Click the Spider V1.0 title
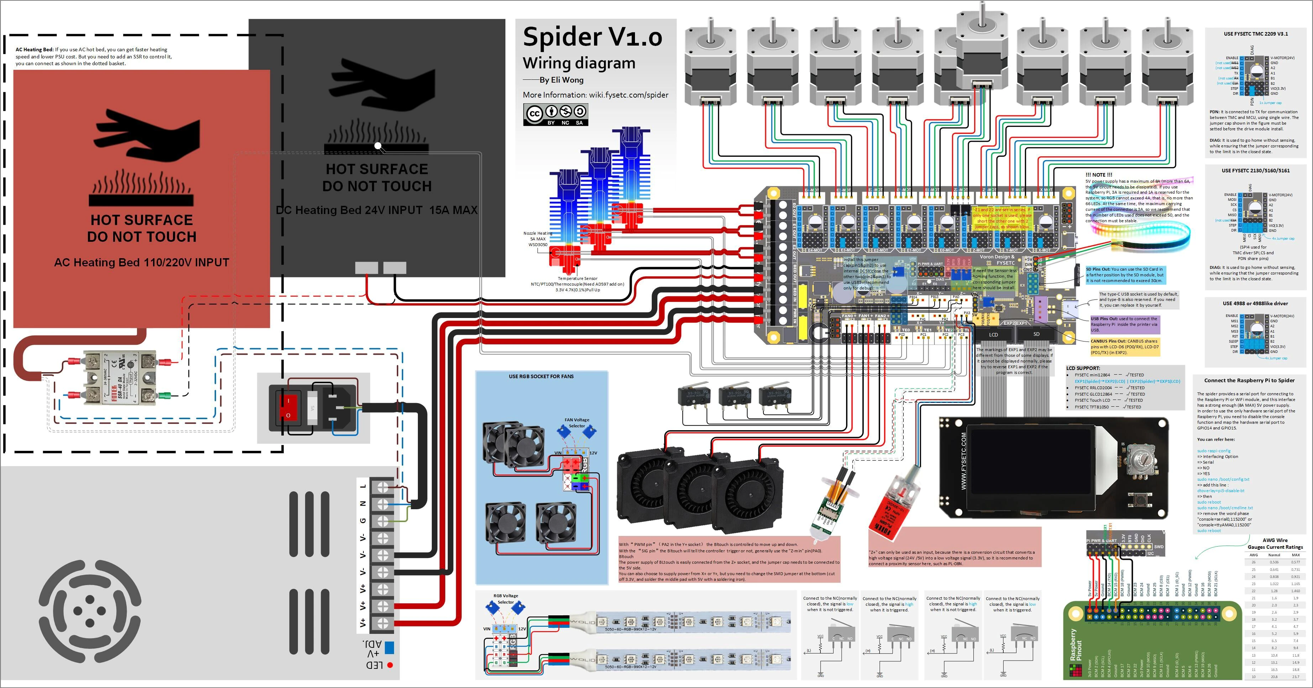click(592, 37)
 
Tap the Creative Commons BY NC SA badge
click(556, 114)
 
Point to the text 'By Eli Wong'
click(561, 80)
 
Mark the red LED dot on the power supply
click(390, 665)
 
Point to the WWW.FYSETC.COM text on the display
click(963, 461)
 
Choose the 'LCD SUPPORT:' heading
click(1083, 368)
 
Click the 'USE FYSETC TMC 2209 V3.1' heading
click(1255, 34)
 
